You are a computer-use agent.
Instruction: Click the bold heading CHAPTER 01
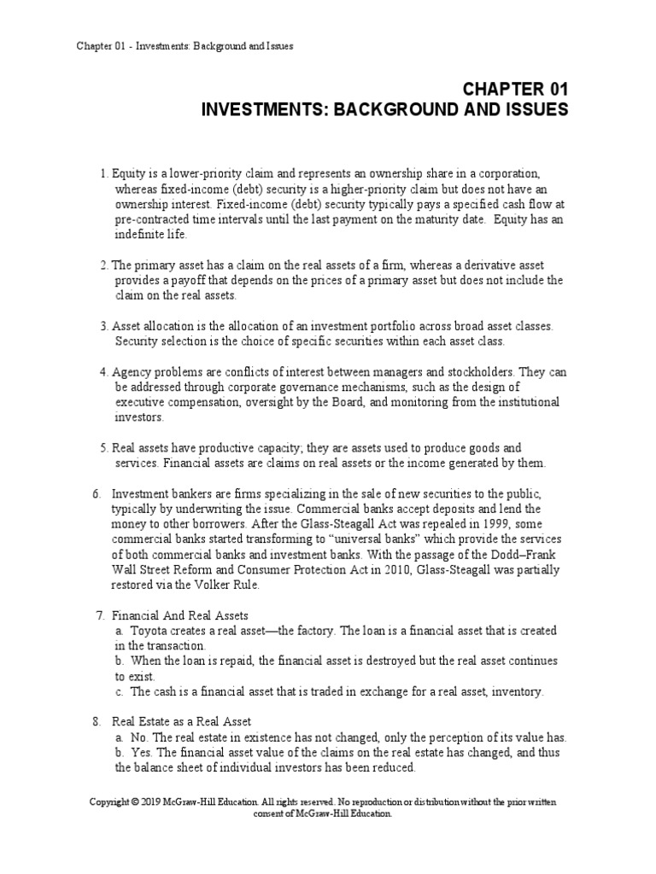[515, 90]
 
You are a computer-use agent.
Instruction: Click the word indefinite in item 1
[141, 234]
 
